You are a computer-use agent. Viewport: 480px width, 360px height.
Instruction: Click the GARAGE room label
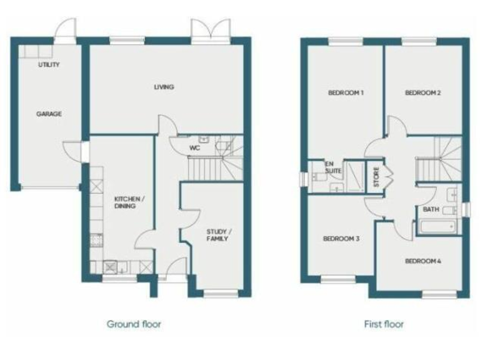[x=49, y=114]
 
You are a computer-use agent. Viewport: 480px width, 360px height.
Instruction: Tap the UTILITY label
[x=49, y=65]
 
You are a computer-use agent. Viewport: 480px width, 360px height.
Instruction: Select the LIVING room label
[x=164, y=87]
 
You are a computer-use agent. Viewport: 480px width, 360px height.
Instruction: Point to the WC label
[x=194, y=148]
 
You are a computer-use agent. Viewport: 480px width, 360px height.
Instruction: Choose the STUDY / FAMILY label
[x=217, y=235]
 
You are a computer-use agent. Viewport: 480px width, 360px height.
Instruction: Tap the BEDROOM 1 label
[x=346, y=93]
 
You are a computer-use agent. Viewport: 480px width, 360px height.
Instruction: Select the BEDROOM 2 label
[x=423, y=93]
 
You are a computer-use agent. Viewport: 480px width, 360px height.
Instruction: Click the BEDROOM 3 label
[x=341, y=238]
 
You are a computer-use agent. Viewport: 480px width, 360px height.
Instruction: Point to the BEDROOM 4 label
[x=423, y=261]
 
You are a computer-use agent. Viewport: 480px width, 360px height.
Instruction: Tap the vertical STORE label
[x=377, y=177]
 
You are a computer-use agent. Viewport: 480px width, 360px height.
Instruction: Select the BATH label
[x=431, y=209]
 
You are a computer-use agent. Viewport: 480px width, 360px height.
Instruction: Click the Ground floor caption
[x=134, y=324]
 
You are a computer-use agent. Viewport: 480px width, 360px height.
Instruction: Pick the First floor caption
[x=384, y=324]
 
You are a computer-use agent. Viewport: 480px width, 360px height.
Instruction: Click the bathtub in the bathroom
[x=439, y=226]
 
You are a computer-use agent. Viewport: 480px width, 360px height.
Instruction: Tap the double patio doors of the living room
[x=210, y=29]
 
